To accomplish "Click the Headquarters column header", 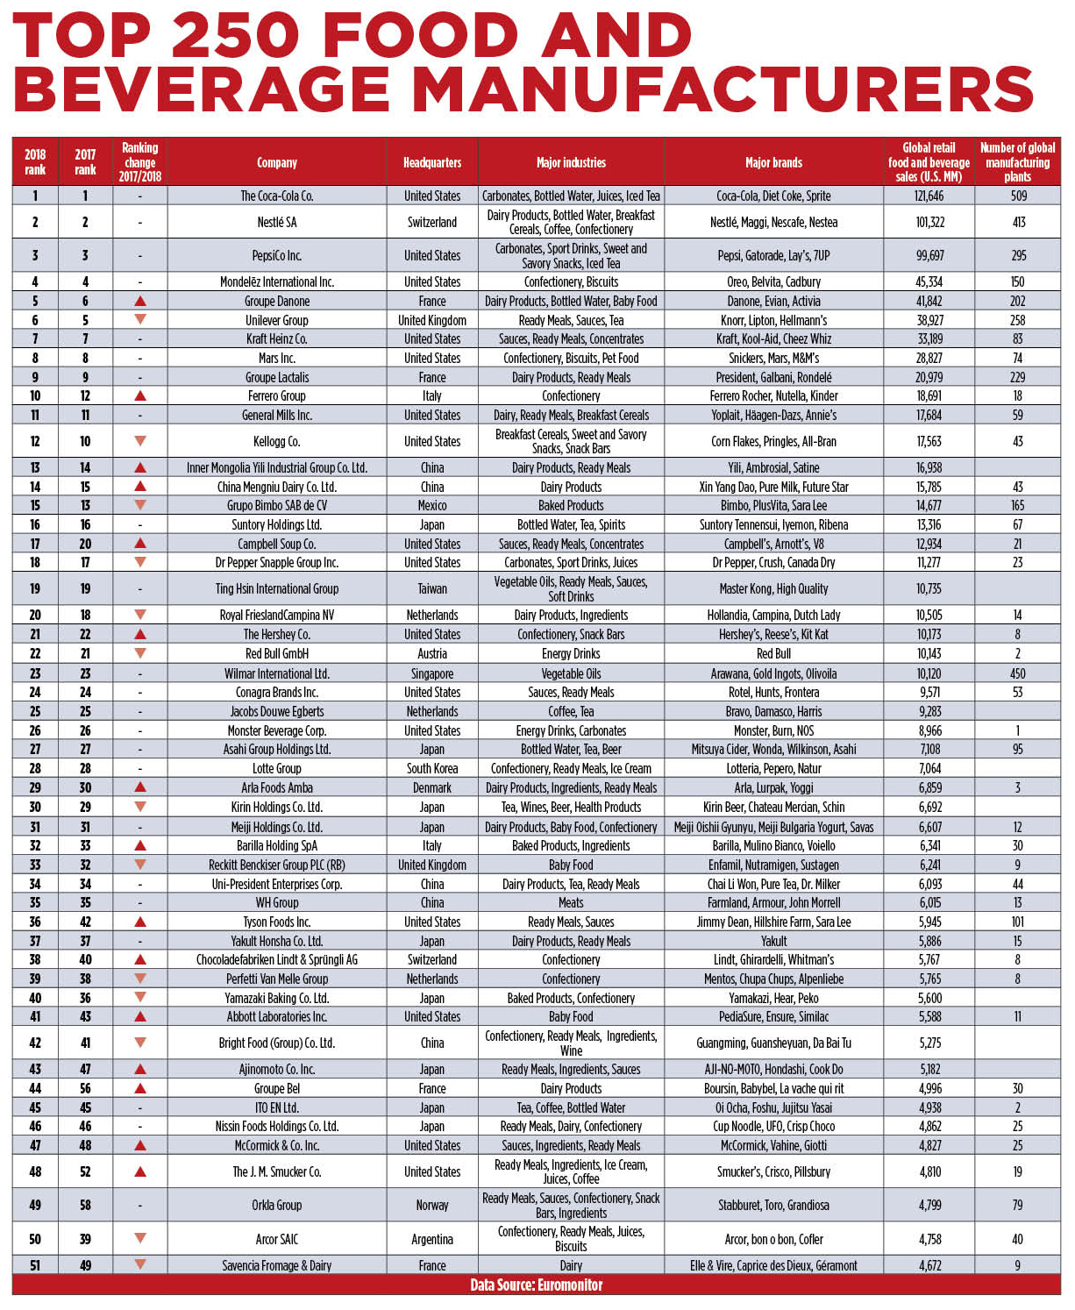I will (432, 162).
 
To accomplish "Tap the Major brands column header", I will (773, 162).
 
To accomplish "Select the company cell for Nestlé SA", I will (277, 222).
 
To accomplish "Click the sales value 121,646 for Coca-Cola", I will (929, 196).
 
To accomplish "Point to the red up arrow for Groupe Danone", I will (140, 301).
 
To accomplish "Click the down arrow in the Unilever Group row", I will (140, 319).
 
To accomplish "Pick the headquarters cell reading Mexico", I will (432, 505).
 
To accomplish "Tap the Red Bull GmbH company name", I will (277, 653).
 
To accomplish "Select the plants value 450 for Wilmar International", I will (1017, 673).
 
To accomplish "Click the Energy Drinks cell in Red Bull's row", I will (571, 653).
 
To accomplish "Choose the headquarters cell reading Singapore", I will (432, 673).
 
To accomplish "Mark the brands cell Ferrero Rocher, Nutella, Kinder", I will (773, 395).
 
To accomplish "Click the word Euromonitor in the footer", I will (570, 1285).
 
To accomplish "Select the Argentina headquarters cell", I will (432, 1239).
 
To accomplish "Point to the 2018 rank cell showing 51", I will (35, 1265).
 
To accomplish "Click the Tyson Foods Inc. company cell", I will (277, 922).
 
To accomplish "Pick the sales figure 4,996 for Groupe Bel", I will (929, 1088).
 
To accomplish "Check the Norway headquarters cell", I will (432, 1205).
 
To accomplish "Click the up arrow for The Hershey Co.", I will (140, 634).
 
